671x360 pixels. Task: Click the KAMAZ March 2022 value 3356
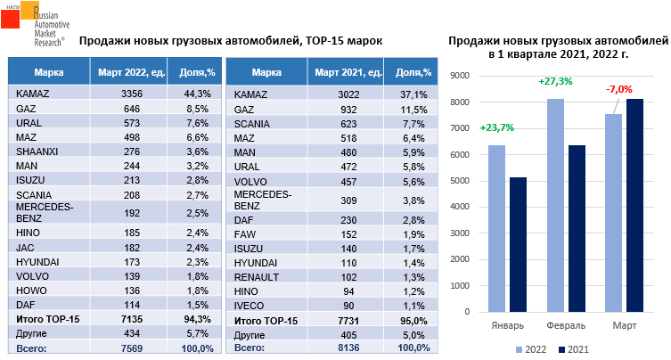(x=132, y=94)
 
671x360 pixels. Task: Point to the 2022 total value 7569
(x=132, y=348)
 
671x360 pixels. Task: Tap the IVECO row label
(x=249, y=306)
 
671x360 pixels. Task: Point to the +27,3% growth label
(x=554, y=81)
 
